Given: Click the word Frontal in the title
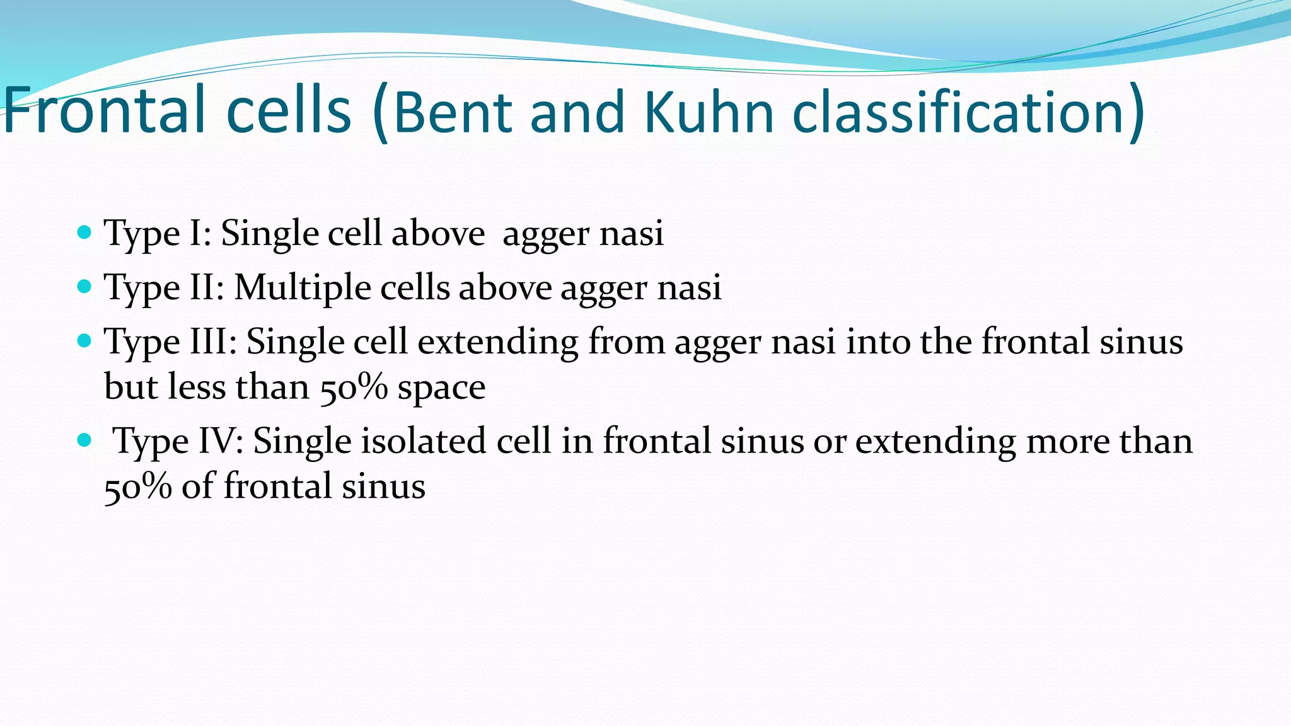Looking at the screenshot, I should coord(105,110).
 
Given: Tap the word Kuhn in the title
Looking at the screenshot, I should coord(709,113).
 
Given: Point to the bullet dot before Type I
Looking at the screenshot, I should coord(84,233).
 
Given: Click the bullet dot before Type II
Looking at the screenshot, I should coord(84,287).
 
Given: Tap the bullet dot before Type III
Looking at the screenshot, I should coord(84,341).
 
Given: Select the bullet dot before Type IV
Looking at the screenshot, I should coord(84,439).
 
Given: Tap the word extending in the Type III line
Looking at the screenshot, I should coord(497,343).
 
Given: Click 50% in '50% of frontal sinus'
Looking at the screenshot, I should coord(137,487).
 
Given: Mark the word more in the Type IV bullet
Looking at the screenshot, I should coord(1067,441).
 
